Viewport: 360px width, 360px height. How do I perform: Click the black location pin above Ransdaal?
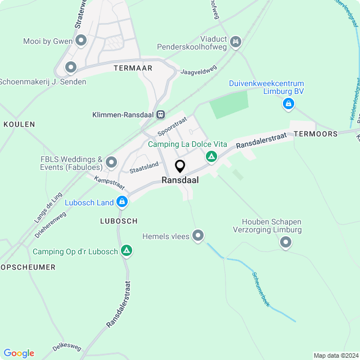pos(180,166)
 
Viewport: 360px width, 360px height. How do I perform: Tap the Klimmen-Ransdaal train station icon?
pos(161,115)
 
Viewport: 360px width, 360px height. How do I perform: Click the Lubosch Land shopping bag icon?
pos(122,202)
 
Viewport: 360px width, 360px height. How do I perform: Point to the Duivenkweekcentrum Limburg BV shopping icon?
pos(288,104)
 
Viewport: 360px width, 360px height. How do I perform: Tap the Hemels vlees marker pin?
pos(197,236)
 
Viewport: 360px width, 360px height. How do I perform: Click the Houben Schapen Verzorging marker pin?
pos(286,242)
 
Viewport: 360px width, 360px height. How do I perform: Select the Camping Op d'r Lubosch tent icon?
pos(127,251)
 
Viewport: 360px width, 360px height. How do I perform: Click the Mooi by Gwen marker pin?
pos(82,40)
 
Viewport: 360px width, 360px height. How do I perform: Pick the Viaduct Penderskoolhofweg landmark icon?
pos(236,41)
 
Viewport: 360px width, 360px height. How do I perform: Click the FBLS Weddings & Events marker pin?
pos(111,163)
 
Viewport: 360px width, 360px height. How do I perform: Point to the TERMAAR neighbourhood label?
pos(133,67)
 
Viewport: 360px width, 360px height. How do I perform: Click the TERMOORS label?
pos(316,134)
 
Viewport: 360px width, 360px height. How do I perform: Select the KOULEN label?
pos(19,124)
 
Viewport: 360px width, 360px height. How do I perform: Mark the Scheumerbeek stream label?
pos(260,287)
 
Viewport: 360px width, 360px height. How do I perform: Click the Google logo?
pos(19,353)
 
